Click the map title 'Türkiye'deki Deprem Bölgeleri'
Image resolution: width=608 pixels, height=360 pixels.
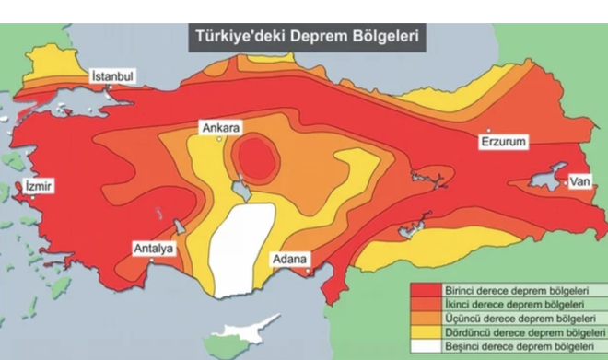coord(307,39)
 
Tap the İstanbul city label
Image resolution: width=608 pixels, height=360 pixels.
coord(113,75)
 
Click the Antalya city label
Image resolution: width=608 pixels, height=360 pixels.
coord(153,248)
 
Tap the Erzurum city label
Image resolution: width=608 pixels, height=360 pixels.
coord(502,143)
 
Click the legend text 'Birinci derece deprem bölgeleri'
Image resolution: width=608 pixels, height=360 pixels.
coord(509,290)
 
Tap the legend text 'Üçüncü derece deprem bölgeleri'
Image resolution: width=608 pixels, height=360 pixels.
coord(509,318)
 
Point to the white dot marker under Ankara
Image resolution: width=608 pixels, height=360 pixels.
coord(219,139)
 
